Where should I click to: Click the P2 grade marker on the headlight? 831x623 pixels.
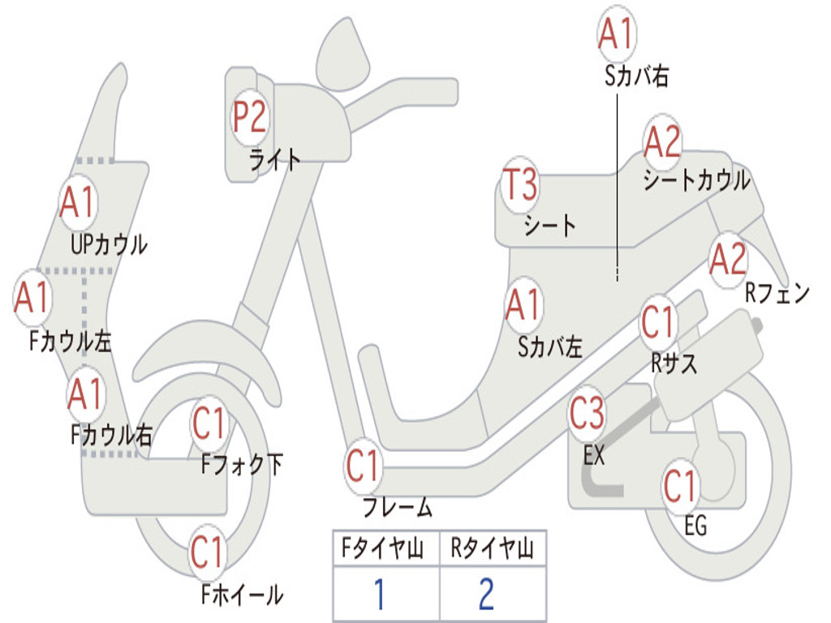[250, 118]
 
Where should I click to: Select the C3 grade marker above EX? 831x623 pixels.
[587, 414]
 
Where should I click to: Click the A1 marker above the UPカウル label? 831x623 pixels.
[78, 202]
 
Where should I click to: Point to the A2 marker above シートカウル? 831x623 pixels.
[662, 141]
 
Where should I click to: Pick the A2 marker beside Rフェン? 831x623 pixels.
[729, 260]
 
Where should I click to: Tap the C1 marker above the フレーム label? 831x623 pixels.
[363, 466]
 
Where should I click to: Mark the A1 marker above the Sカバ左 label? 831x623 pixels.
[524, 306]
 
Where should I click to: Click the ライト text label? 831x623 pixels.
[275, 160]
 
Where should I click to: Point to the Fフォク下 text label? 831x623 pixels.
[242, 465]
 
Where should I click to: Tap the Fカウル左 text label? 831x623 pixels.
[70, 342]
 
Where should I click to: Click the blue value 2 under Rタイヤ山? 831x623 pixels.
[487, 594]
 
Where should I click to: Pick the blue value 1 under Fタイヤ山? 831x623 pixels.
[379, 594]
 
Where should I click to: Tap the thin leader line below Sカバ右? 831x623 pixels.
[617, 187]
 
